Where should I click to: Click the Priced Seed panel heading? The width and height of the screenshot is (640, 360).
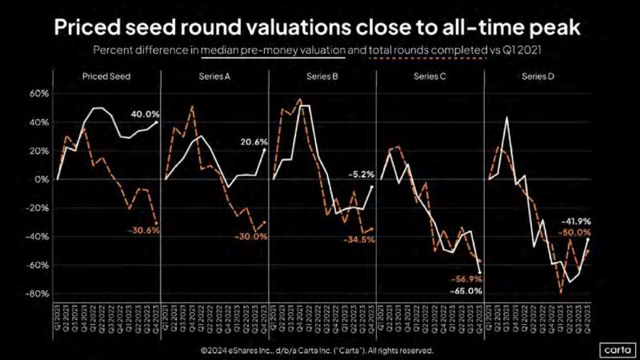point(106,77)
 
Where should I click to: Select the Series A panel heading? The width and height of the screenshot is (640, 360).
point(214,77)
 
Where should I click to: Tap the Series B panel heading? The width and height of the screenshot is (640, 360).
point(320,77)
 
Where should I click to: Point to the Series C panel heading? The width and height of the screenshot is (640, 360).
point(427,77)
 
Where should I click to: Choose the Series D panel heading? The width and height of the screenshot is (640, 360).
point(536,77)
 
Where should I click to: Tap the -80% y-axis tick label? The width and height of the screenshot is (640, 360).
point(38,294)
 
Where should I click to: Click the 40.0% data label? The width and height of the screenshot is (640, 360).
point(144,114)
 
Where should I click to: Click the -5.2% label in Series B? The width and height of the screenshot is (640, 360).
point(360,174)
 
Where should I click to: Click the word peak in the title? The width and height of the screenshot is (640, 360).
point(551,28)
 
